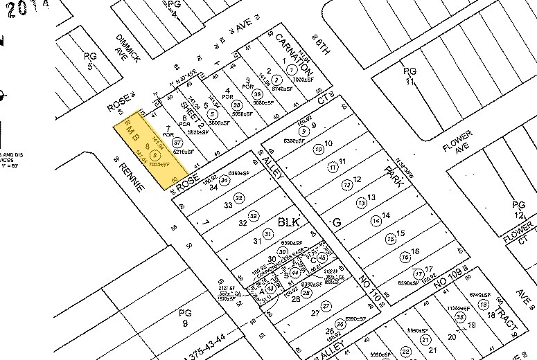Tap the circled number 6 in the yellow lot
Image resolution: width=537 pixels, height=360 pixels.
[x=155, y=155]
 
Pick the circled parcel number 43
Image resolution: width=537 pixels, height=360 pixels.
[x=270, y=288]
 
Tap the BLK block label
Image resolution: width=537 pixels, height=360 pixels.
[x=288, y=224]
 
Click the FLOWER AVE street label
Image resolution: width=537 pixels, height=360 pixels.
[x=458, y=141]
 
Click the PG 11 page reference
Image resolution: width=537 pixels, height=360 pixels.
[x=412, y=78]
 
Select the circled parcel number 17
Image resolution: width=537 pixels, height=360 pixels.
[x=419, y=273]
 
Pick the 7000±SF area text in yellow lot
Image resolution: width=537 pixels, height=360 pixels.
[x=160, y=165]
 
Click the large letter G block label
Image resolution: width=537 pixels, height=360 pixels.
[x=337, y=223]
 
